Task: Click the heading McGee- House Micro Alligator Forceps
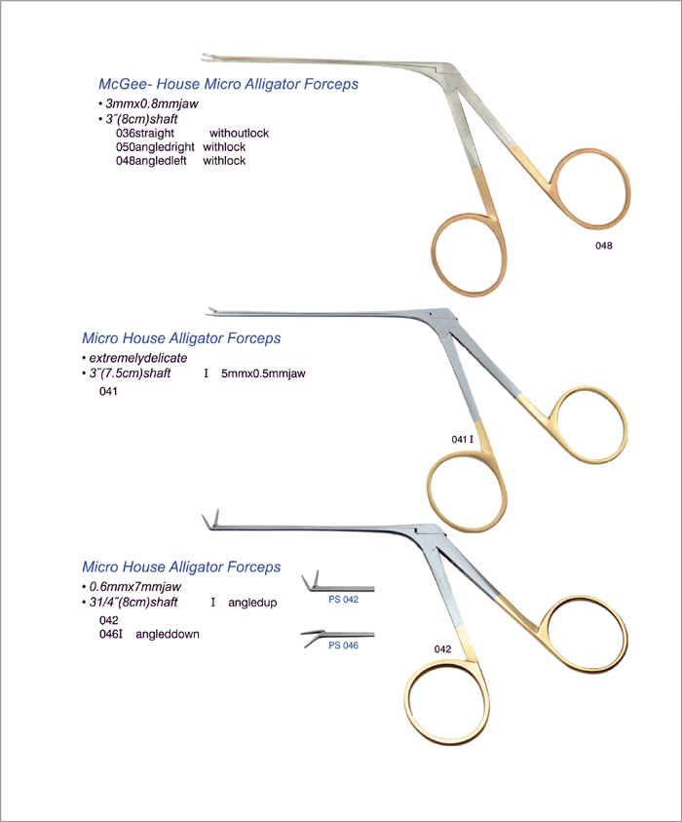[228, 84]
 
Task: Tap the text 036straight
[145, 134]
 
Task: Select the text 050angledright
[155, 147]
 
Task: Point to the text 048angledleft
[151, 161]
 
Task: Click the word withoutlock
[239, 134]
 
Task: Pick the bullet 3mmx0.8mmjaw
[149, 103]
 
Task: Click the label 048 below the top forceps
[603, 246]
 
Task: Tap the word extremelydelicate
[135, 358]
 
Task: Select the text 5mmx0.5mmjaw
[263, 373]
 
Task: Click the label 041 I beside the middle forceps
[463, 440]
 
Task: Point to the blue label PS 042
[344, 600]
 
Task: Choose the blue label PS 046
[344, 646]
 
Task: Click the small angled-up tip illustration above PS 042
[337, 583]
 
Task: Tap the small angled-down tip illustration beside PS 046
[337, 637]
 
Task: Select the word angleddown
[168, 635]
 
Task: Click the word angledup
[252, 603]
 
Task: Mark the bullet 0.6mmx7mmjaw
[132, 587]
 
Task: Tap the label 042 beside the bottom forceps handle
[442, 649]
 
